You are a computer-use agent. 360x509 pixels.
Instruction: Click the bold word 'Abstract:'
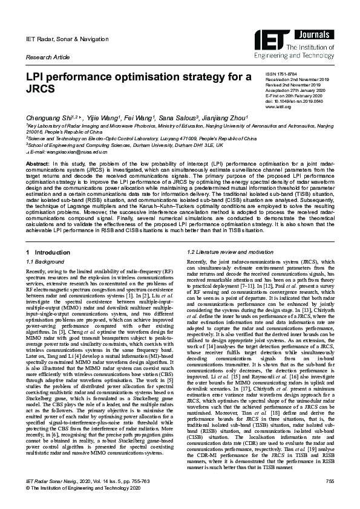(x=38, y=164)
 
